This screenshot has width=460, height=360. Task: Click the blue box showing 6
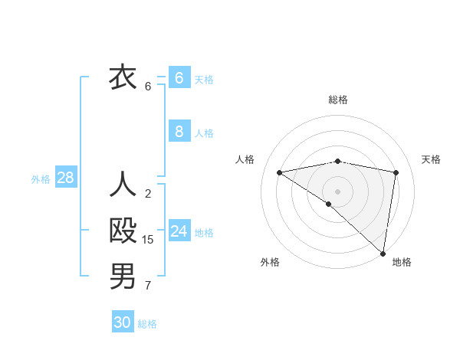(179, 78)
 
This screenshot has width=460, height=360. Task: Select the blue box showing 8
(179, 132)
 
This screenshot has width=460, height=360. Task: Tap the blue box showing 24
(179, 231)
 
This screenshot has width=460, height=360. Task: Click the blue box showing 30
(123, 322)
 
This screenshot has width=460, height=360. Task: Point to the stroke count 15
(148, 240)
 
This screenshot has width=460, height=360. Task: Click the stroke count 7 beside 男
(148, 286)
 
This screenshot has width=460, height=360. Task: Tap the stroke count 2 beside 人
(148, 194)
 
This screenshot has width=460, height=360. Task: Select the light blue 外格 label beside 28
(41, 179)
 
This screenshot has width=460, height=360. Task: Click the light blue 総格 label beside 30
(147, 324)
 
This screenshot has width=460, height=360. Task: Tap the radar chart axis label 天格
(431, 159)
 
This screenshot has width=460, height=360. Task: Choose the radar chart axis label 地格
(402, 262)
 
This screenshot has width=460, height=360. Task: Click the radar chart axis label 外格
(270, 262)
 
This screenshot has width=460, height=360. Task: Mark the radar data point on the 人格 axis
(280, 172)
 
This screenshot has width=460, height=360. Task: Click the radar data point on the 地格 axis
(383, 252)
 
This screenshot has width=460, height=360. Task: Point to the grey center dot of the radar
(337, 191)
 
